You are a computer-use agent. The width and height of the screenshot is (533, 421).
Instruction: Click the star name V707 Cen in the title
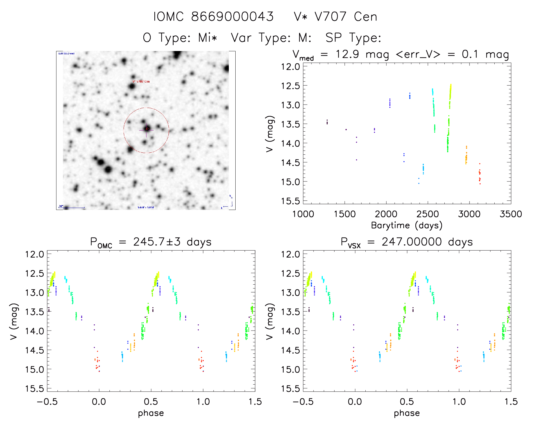[x=346, y=17]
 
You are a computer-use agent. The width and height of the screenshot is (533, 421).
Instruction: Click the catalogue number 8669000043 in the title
[x=232, y=17]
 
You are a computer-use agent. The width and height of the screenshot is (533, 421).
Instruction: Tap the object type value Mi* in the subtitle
[x=208, y=38]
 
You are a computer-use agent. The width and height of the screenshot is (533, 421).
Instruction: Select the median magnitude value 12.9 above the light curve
[x=347, y=54]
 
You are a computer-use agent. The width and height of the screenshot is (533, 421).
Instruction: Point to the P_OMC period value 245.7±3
[x=157, y=242]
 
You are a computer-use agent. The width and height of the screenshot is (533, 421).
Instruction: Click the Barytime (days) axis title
[x=407, y=225]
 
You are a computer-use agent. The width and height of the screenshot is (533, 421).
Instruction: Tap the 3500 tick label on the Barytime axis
[x=510, y=214]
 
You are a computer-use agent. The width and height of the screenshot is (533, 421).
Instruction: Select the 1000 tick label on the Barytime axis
[x=303, y=214]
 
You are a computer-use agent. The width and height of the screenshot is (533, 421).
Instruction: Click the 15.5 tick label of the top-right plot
[x=290, y=201]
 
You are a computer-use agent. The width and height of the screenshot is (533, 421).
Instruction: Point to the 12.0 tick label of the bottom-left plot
[x=35, y=254]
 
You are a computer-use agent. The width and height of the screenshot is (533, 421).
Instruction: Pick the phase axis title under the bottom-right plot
[x=407, y=413]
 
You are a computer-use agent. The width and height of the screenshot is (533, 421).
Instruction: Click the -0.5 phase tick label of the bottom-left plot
[x=47, y=402]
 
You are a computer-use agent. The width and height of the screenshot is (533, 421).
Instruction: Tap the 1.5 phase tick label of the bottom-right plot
[x=510, y=402]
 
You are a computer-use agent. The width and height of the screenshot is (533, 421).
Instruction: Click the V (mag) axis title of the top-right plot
[x=270, y=134]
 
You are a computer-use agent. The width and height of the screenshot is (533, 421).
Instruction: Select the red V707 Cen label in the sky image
[x=141, y=81]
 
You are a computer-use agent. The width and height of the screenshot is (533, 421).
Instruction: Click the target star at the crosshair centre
[x=147, y=129]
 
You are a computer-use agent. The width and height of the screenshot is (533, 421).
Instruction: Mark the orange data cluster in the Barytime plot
[x=466, y=156]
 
